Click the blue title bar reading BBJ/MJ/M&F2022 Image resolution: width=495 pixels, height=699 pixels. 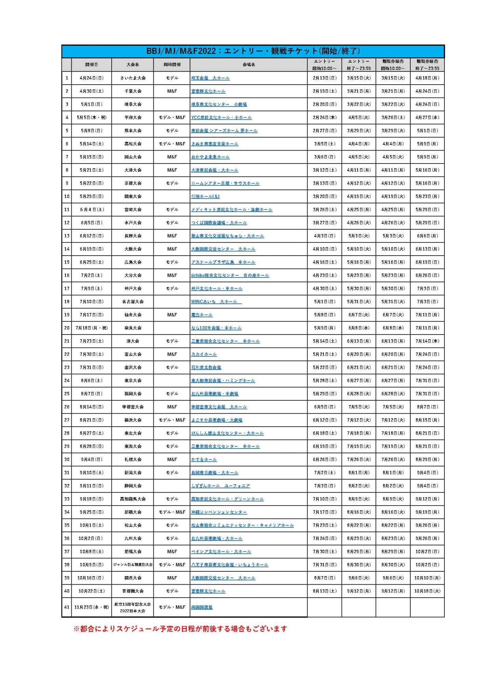pyautogui.click(x=253, y=51)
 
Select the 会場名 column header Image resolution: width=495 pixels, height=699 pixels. pyautogui.click(x=249, y=65)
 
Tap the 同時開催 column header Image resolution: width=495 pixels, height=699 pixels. pyautogui.click(x=172, y=65)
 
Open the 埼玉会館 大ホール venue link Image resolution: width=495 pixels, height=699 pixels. pyautogui.click(x=210, y=78)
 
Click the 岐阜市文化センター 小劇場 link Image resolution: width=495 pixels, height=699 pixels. pyautogui.click(x=219, y=104)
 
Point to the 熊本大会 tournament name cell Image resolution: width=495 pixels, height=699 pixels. pyautogui.click(x=133, y=131)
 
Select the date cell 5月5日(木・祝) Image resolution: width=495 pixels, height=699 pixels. pyautogui.click(x=92, y=117)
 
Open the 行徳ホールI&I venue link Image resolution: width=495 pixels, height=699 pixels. pyautogui.click(x=205, y=197)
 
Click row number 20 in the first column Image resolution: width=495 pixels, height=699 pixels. pyautogui.click(x=67, y=328)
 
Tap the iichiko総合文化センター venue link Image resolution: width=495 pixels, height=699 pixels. pyautogui.click(x=230, y=275)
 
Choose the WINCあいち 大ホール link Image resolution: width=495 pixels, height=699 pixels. pyautogui.click(x=216, y=302)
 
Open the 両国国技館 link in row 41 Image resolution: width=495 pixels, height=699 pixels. pyautogui.click(x=202, y=607)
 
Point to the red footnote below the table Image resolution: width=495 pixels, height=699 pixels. pyautogui.click(x=180, y=629)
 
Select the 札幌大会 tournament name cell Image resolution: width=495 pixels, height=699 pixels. pyautogui.click(x=133, y=459)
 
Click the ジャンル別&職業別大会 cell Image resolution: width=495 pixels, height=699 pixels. pyautogui.click(x=133, y=565)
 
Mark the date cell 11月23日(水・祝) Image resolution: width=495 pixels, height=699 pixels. pyautogui.click(x=92, y=607)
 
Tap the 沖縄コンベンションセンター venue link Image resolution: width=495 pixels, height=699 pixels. pyautogui.click(x=219, y=512)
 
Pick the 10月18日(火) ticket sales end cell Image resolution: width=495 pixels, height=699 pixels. pyautogui.click(x=427, y=591)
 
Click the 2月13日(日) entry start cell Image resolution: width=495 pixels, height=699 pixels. pyautogui.click(x=325, y=78)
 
